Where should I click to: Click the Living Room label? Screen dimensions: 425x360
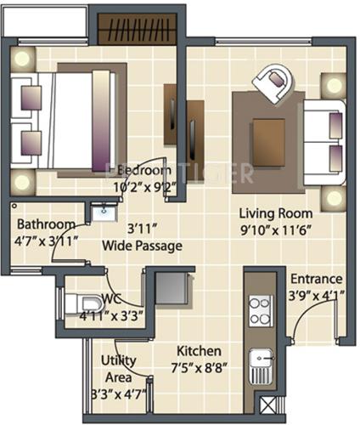click(x=275, y=212)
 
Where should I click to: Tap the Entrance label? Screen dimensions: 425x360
click(x=316, y=279)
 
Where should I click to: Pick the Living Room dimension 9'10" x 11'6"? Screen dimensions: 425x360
click(x=275, y=229)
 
